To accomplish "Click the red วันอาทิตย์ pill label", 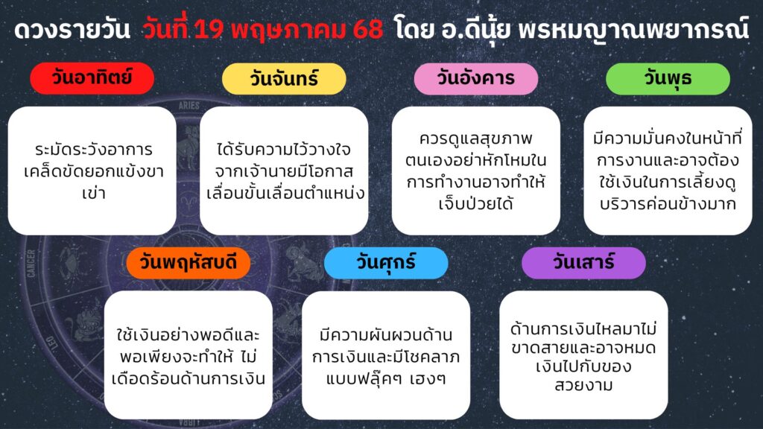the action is pos(92,78).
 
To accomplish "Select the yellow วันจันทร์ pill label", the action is pos(284,78).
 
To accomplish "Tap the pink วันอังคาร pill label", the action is pos(476,78).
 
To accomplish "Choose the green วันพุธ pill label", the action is pos(668,78).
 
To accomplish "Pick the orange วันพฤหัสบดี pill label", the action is pos(189,263).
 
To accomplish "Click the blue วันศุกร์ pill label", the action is pos(386,263).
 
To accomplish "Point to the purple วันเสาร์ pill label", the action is pos(583,263).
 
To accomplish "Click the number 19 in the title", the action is pos(209,30).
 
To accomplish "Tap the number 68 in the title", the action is pos(368,30).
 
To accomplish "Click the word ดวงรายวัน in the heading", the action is pos(72,30).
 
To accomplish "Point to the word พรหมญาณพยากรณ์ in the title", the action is pos(633,29).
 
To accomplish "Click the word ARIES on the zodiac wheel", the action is pos(189,106).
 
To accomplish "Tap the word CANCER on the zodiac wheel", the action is pos(31,264).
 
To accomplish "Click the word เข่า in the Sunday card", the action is pos(93,193).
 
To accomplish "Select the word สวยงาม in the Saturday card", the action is pos(583,385).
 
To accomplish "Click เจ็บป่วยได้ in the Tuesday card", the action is pos(476,203).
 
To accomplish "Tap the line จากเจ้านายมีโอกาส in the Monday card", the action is pos(284,172).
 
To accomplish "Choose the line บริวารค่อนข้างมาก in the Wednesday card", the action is pos(668,204).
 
